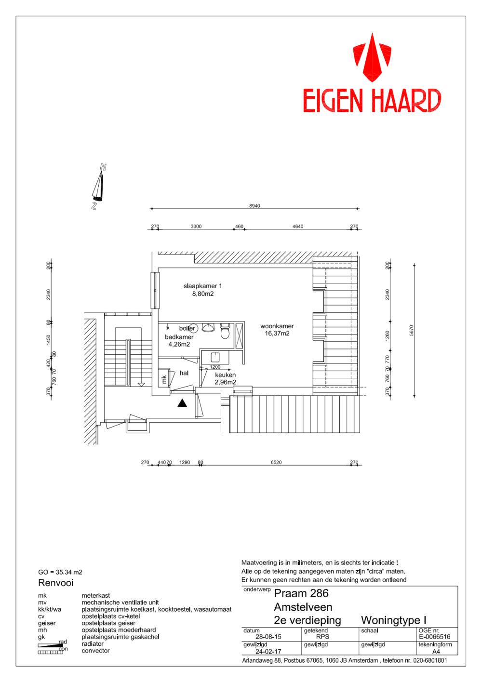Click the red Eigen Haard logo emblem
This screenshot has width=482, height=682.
(x=372, y=57)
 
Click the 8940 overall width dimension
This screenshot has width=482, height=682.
(x=254, y=206)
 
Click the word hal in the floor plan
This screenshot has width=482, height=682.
(x=184, y=373)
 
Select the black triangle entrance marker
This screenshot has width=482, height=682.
(x=182, y=403)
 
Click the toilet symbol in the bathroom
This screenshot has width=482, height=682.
(x=225, y=332)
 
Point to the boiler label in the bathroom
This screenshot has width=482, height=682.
(x=187, y=328)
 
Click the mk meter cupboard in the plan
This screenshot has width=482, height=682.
(x=164, y=379)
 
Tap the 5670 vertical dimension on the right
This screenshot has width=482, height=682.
(x=411, y=331)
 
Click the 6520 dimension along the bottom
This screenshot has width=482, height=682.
(x=276, y=462)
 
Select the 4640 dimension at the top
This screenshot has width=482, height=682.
(x=298, y=226)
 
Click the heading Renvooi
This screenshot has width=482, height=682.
(x=56, y=583)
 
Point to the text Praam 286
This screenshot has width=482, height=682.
(x=301, y=593)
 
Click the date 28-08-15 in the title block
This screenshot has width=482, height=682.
(x=268, y=637)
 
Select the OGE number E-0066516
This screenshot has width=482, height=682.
(x=434, y=637)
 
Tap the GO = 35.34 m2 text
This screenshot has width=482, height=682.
(x=60, y=572)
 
